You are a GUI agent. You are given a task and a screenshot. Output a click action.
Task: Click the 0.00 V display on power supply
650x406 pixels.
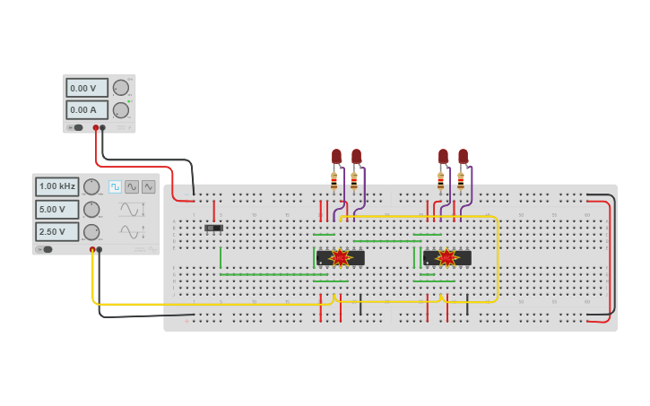pyautogui.click(x=86, y=88)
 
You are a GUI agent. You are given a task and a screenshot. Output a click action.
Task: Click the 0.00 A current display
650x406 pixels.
pyautogui.click(x=86, y=109)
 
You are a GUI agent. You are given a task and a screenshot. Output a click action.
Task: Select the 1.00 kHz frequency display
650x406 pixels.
pyautogui.click(x=57, y=186)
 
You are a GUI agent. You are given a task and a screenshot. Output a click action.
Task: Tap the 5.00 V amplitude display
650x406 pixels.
pyautogui.click(x=57, y=209)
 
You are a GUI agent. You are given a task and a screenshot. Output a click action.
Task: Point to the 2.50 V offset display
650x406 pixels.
pyautogui.click(x=57, y=231)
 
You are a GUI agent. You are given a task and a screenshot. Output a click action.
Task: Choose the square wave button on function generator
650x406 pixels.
pyautogui.click(x=115, y=186)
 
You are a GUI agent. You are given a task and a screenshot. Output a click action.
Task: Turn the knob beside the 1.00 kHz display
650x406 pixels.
pyautogui.click(x=91, y=186)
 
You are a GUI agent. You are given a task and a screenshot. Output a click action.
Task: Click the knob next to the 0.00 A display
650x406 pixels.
pyautogui.click(x=120, y=109)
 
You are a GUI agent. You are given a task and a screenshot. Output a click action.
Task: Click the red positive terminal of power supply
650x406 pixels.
pyautogui.click(x=96, y=127)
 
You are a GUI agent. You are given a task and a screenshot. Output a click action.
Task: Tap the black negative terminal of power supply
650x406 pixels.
pyautogui.click(x=102, y=127)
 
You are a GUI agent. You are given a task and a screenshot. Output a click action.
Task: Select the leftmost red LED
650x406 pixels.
pyautogui.click(x=336, y=156)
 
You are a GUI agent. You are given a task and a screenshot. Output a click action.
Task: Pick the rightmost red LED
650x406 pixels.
pyautogui.click(x=463, y=156)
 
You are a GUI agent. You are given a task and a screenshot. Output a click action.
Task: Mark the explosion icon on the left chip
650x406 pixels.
pyautogui.click(x=340, y=258)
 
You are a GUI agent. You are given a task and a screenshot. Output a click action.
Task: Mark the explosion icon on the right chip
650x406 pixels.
pyautogui.click(x=446, y=258)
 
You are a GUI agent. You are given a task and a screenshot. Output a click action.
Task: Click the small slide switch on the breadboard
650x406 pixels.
pyautogui.click(x=213, y=228)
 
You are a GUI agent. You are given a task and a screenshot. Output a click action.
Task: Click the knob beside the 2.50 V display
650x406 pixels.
pyautogui.click(x=91, y=231)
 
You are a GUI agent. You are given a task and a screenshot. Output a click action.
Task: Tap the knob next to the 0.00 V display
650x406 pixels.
pyautogui.click(x=120, y=88)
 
